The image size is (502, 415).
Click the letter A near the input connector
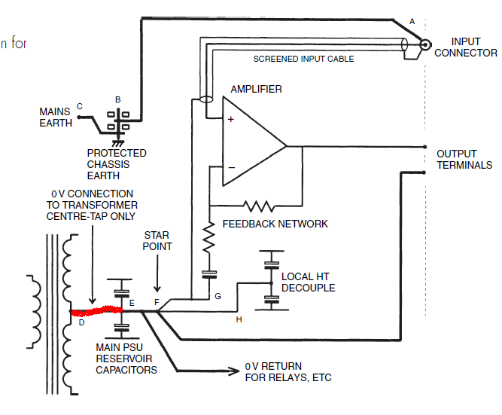click(412, 22)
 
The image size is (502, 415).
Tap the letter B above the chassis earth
click(118, 99)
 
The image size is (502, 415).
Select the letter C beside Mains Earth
click(80, 106)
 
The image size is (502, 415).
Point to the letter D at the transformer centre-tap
click(81, 322)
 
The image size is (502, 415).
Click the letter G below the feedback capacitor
click(218, 296)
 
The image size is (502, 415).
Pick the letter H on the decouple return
click(239, 319)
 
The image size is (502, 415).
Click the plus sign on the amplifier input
click(230, 119)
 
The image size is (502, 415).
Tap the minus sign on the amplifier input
click(232, 167)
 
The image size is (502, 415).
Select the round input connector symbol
click(425, 44)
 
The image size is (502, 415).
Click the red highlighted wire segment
click(96, 311)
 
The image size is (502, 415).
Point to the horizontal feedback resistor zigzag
click(259, 206)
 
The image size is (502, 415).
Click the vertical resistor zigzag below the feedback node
click(208, 237)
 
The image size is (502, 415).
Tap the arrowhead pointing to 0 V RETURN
click(234, 371)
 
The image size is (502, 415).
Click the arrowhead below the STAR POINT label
click(157, 288)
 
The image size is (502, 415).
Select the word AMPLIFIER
click(256, 89)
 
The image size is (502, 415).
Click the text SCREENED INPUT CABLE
click(303, 59)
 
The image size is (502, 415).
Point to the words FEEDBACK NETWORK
click(275, 224)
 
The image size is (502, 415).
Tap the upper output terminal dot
click(424, 147)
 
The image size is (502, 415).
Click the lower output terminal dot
click(424, 172)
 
